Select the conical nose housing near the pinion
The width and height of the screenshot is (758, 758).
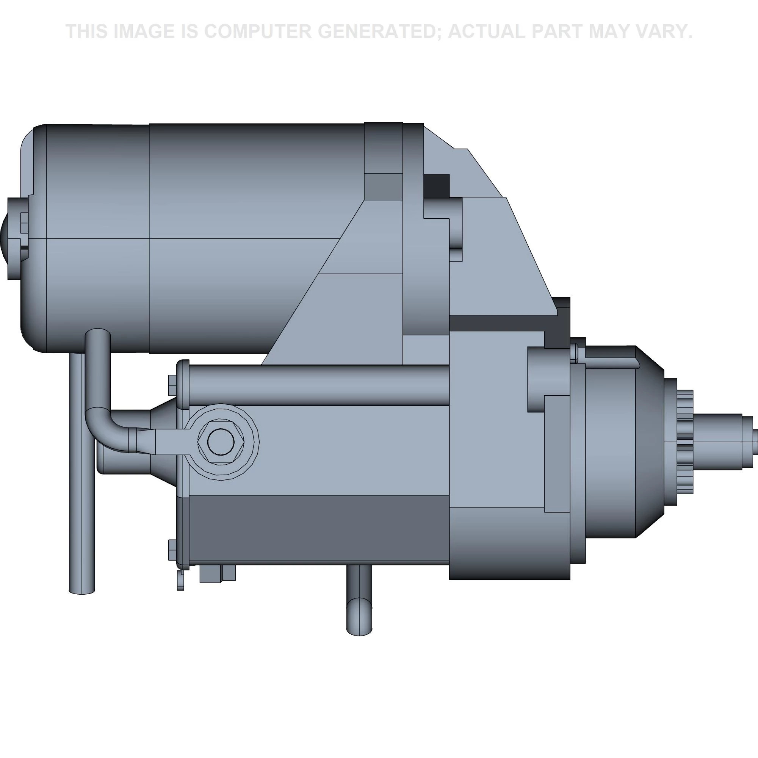pos(649,442)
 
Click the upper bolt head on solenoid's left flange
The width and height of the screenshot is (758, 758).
pos(172,385)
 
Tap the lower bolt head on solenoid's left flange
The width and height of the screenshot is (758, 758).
pos(172,550)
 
